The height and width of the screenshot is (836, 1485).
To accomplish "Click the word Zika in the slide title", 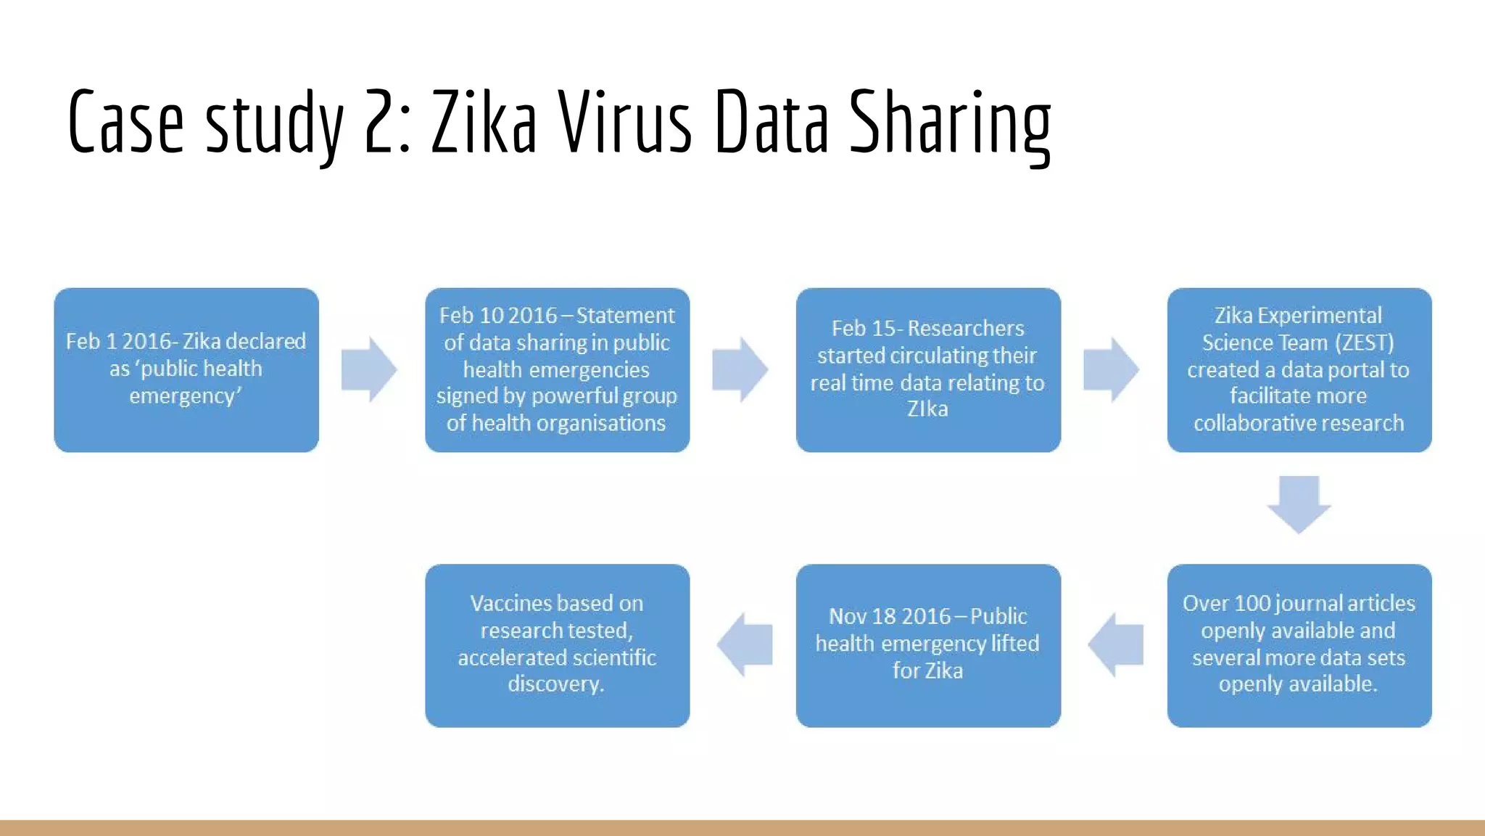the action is [484, 122].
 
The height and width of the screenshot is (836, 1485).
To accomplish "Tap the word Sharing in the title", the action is [950, 123].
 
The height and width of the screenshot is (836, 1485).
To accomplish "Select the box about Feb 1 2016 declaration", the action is [186, 370].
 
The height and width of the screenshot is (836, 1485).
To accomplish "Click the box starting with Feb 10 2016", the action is [557, 370].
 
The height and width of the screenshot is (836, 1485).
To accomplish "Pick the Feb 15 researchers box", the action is [928, 370].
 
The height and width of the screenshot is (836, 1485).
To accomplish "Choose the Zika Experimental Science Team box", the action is [1299, 370].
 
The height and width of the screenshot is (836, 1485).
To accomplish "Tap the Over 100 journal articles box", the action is [1299, 645].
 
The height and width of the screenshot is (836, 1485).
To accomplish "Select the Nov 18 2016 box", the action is [928, 645].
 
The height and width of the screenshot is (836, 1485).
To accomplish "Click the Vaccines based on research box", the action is [557, 645].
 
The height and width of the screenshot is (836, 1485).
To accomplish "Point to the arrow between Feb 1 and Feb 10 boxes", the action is [369, 369].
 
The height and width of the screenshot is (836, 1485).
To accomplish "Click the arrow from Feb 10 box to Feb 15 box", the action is [740, 369].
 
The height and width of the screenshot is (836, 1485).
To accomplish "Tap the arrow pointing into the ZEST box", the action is [1111, 369].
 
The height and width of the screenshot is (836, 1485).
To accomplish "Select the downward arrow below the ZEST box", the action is [1299, 504].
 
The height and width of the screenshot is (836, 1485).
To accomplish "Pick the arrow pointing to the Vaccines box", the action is [745, 644].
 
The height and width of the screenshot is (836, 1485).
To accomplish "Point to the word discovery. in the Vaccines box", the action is [555, 684].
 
